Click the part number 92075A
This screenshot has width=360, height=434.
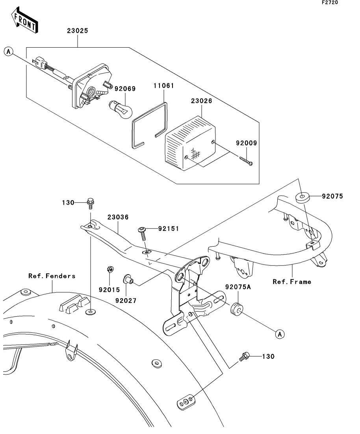(238, 288)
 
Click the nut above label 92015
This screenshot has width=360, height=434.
(110, 270)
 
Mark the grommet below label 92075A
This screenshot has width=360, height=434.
(236, 309)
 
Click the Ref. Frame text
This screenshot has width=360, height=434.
(292, 281)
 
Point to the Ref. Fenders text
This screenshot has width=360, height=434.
(52, 276)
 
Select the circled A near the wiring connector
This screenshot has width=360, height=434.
(9, 51)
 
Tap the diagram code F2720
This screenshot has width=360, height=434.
(330, 3)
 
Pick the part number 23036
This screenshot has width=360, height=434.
(117, 217)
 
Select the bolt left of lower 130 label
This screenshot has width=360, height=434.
(244, 357)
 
